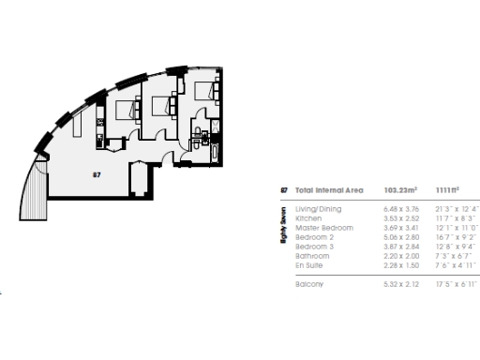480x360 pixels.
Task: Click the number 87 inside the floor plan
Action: click(97, 174)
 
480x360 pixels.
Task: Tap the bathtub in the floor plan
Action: click(215, 152)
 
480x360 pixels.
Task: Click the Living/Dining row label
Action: click(319, 209)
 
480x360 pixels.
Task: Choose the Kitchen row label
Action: click(308, 218)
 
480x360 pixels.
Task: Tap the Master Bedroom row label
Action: click(324, 228)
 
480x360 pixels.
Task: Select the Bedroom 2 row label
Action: click(315, 237)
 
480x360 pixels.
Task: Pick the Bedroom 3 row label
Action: click(315, 247)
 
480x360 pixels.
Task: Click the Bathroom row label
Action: click(312, 256)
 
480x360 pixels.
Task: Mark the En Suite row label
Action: click(310, 265)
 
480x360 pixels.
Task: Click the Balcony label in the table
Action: click(309, 284)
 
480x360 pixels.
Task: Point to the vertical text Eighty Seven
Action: click(284, 228)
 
